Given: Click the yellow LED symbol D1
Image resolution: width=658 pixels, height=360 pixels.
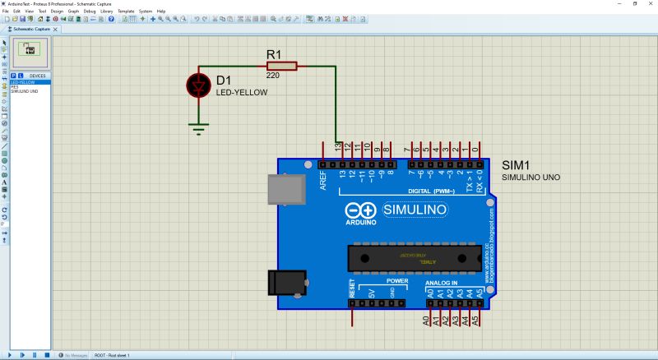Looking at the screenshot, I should pyautogui.click(x=197, y=85).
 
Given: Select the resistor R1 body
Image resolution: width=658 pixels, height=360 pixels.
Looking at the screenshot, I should pyautogui.click(x=280, y=66).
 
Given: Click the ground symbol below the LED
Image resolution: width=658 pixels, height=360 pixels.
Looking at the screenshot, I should pyautogui.click(x=197, y=127).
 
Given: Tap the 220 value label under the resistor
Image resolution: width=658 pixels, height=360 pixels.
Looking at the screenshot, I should pyautogui.click(x=274, y=76).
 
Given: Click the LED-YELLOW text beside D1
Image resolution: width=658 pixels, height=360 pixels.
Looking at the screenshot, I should pyautogui.click(x=242, y=92).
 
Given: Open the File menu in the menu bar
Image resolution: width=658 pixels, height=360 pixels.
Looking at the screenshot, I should pyautogui.click(x=6, y=11).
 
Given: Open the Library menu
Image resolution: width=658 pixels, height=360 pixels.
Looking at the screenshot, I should pyautogui.click(x=107, y=11).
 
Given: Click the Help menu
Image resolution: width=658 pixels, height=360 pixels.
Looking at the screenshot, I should pyautogui.click(x=161, y=11).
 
